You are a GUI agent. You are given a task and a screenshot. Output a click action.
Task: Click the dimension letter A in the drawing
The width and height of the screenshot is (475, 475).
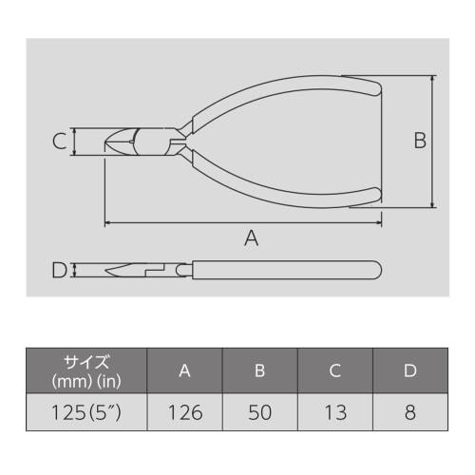(251, 238)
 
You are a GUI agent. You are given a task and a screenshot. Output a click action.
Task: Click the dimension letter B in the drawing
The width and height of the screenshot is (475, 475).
(419, 142)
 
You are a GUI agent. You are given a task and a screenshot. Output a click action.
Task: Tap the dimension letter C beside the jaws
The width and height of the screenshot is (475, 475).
(59, 142)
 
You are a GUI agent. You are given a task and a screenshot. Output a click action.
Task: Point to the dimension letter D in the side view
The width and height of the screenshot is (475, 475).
(59, 271)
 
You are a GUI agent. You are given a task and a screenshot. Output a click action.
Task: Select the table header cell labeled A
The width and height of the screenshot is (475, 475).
(184, 370)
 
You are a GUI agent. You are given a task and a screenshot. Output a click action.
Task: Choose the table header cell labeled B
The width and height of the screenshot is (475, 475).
(259, 370)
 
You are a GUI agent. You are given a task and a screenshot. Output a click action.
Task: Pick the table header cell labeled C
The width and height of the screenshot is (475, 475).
(334, 370)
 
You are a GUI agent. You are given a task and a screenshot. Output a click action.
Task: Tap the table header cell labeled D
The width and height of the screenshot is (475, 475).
(409, 370)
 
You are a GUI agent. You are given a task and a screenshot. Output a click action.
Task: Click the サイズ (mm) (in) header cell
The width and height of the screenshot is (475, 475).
(86, 370)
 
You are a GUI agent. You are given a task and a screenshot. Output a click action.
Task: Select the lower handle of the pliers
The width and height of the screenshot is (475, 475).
(285, 188)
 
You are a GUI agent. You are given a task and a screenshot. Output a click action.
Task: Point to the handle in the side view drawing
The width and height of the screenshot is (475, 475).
(285, 270)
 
